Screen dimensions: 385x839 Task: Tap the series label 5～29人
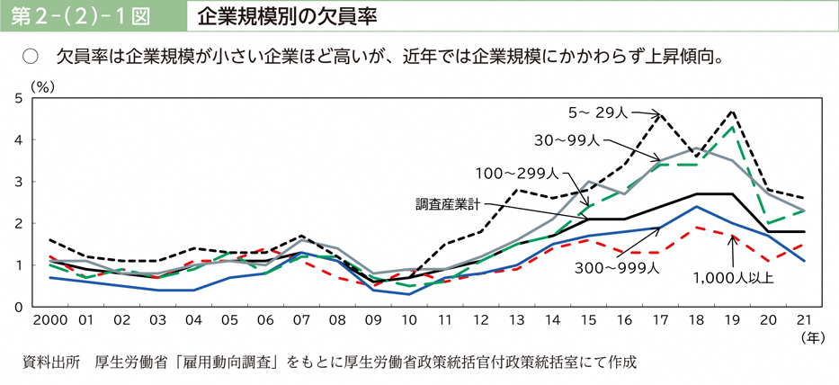[x=596, y=112]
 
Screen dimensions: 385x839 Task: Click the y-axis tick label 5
[x=19, y=98]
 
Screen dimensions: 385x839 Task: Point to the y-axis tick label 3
[x=19, y=182]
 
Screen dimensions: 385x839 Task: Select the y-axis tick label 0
[x=19, y=307]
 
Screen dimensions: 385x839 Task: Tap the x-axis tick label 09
[x=373, y=320]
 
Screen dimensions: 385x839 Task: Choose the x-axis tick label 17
[x=661, y=320]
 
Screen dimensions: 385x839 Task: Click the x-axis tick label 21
[x=803, y=320]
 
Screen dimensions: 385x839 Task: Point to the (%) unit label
[x=42, y=85]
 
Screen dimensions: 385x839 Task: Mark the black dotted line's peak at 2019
[x=734, y=112]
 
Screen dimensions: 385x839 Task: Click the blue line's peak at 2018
[x=697, y=207]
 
